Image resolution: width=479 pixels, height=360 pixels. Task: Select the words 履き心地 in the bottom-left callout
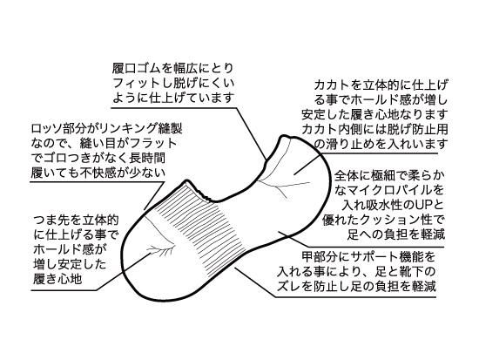57,279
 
